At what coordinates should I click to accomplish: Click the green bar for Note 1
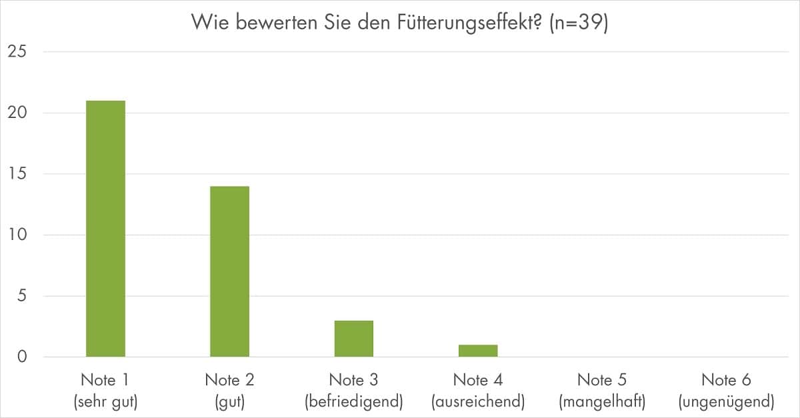coord(105,229)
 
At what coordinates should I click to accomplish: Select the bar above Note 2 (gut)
coord(229,271)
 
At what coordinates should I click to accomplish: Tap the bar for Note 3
coord(353,339)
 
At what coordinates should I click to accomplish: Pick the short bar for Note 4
coord(477,351)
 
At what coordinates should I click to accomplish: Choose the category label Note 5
coord(602,380)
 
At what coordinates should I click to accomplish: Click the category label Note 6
coord(726,380)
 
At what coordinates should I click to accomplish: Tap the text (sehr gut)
coord(105,402)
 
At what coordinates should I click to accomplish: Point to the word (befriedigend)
coord(353,402)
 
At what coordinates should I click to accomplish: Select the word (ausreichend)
coord(477,402)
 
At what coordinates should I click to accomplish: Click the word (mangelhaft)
coord(602,402)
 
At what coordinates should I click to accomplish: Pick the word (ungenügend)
coord(726,402)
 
